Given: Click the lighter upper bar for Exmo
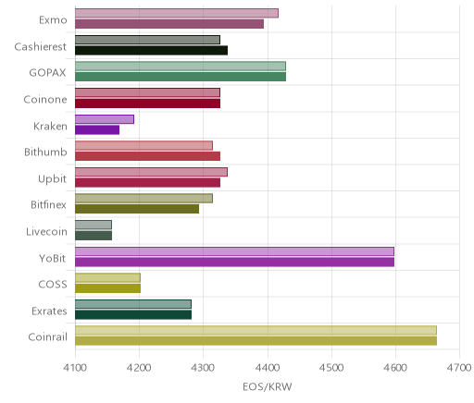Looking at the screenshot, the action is pyautogui.click(x=177, y=13).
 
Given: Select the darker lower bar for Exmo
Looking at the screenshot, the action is pyautogui.click(x=169, y=24).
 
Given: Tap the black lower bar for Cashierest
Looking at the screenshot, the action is pyautogui.click(x=151, y=50).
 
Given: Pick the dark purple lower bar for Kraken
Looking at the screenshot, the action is pyautogui.click(x=97, y=130).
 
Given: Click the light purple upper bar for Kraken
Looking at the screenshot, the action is pyautogui.click(x=105, y=119).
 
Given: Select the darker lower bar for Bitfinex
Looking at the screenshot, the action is pyautogui.click(x=137, y=209).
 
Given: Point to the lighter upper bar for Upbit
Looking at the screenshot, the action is pyautogui.click(x=151, y=172).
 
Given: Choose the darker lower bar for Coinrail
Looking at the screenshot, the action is pyautogui.click(x=256, y=341).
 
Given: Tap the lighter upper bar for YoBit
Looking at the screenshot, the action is pyautogui.click(x=234, y=251).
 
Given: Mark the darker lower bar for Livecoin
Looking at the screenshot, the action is pyautogui.click(x=94, y=236).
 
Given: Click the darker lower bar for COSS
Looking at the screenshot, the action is pyautogui.click(x=107, y=288).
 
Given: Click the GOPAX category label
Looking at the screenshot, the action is pyautogui.click(x=47, y=73).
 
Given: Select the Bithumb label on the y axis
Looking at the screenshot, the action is pyautogui.click(x=45, y=152).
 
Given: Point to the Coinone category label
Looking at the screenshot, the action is pyautogui.click(x=45, y=99).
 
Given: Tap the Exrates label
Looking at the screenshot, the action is pyautogui.click(x=49, y=311).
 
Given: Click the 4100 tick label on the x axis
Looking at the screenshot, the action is pyautogui.click(x=75, y=368).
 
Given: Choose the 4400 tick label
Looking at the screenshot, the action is pyautogui.click(x=268, y=368).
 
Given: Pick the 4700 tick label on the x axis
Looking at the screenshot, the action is pyautogui.click(x=459, y=368).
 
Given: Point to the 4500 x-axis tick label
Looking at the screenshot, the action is pyautogui.click(x=331, y=368).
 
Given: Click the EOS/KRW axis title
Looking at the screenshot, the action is pyautogui.click(x=268, y=386).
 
